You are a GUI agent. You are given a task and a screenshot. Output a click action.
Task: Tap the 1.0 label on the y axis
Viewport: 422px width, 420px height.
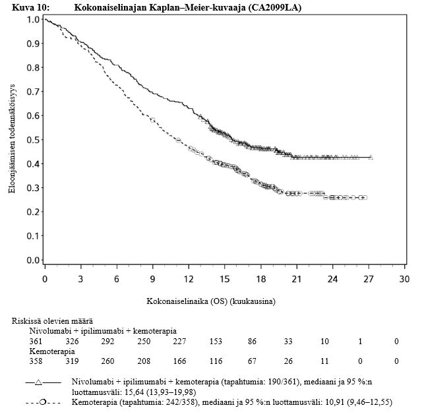pos(32,19)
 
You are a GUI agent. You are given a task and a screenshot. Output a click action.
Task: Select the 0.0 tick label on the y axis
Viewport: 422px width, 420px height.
pos(32,260)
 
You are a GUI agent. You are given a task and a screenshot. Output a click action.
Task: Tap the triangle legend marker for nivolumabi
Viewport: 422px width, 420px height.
pos(39,382)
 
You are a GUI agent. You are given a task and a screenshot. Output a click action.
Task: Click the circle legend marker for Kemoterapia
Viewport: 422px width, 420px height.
pos(42,402)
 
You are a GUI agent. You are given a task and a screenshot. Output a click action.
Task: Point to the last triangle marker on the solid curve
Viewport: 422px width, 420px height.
pos(371,158)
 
